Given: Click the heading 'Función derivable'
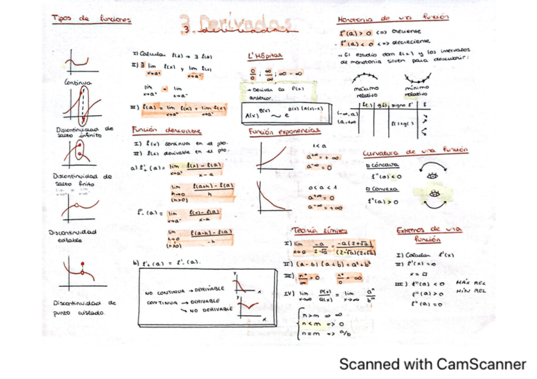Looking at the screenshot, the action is [x=166, y=130].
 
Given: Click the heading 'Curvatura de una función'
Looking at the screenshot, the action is [x=415, y=152].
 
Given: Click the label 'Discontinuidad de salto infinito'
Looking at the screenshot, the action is [x=83, y=132].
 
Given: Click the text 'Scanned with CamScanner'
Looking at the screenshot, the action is [x=433, y=364].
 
